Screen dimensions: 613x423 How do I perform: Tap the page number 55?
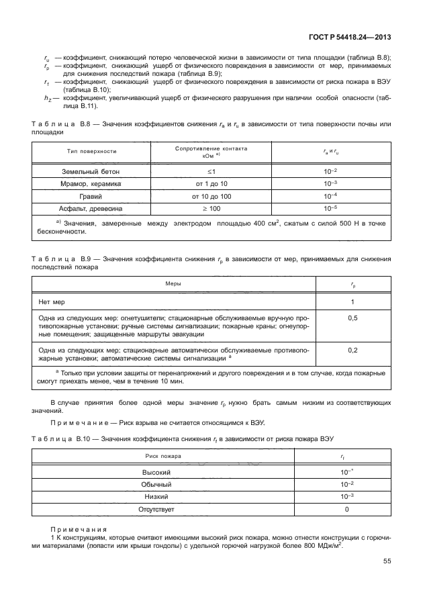coord(387,561)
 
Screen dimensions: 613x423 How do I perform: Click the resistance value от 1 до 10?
coord(211,184)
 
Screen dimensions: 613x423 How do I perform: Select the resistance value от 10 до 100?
coord(211,196)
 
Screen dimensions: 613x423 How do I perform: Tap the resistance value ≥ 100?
coord(211,208)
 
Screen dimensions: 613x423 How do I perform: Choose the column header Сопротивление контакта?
coord(211,148)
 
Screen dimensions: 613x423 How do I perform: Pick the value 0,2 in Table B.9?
coord(353,350)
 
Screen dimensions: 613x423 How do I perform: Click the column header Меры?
coord(173,285)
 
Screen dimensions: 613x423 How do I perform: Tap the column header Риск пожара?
coord(163,456)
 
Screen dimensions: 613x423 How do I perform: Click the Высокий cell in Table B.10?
coord(163,473)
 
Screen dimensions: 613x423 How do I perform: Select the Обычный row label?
coord(163,485)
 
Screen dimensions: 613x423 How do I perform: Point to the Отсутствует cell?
coord(163,509)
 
